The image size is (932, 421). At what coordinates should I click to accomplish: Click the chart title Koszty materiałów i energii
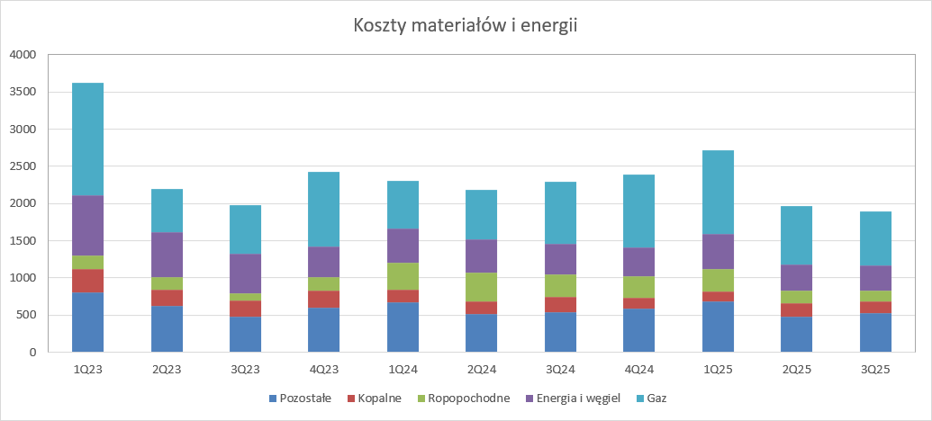pos(465,25)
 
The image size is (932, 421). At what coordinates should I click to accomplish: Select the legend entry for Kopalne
pos(378,398)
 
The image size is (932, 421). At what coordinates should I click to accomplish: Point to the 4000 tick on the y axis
pos(22,55)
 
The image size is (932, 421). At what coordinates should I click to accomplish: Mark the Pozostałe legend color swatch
pos(273,398)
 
